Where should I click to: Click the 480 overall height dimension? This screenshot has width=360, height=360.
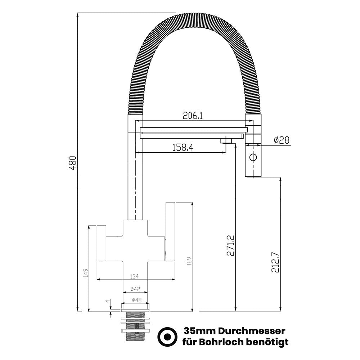point(73,163)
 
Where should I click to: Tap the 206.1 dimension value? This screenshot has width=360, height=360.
point(193,116)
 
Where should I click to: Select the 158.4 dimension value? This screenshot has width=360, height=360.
point(183,148)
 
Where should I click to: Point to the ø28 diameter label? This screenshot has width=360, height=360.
point(282,140)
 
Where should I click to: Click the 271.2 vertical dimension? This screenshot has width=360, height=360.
point(230,245)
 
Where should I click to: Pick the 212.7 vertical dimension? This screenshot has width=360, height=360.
point(275,262)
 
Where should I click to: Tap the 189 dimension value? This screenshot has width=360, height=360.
point(189,261)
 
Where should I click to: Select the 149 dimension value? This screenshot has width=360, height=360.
point(86,273)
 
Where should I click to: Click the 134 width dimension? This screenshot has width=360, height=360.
point(134,276)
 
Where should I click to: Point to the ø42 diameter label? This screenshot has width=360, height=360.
point(135,289)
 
